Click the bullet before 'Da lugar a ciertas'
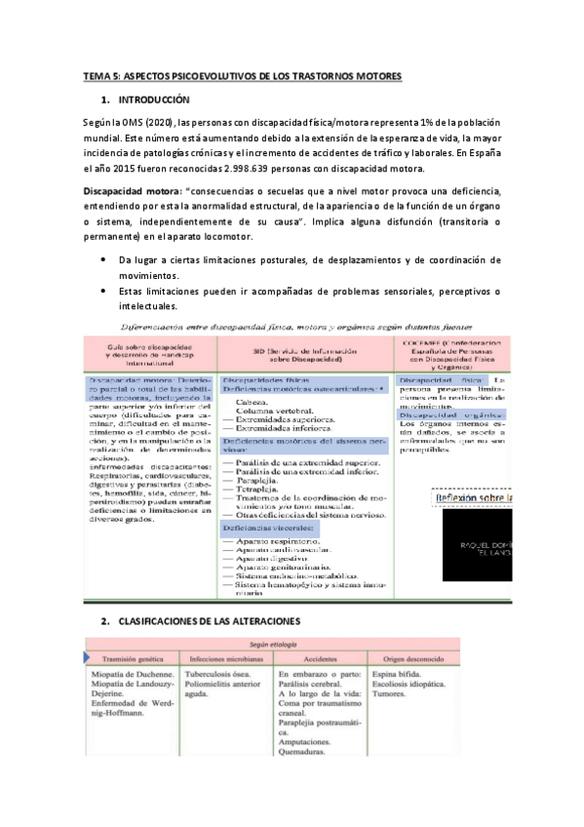coord(104,260)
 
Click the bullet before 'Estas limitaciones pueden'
coord(104,293)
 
